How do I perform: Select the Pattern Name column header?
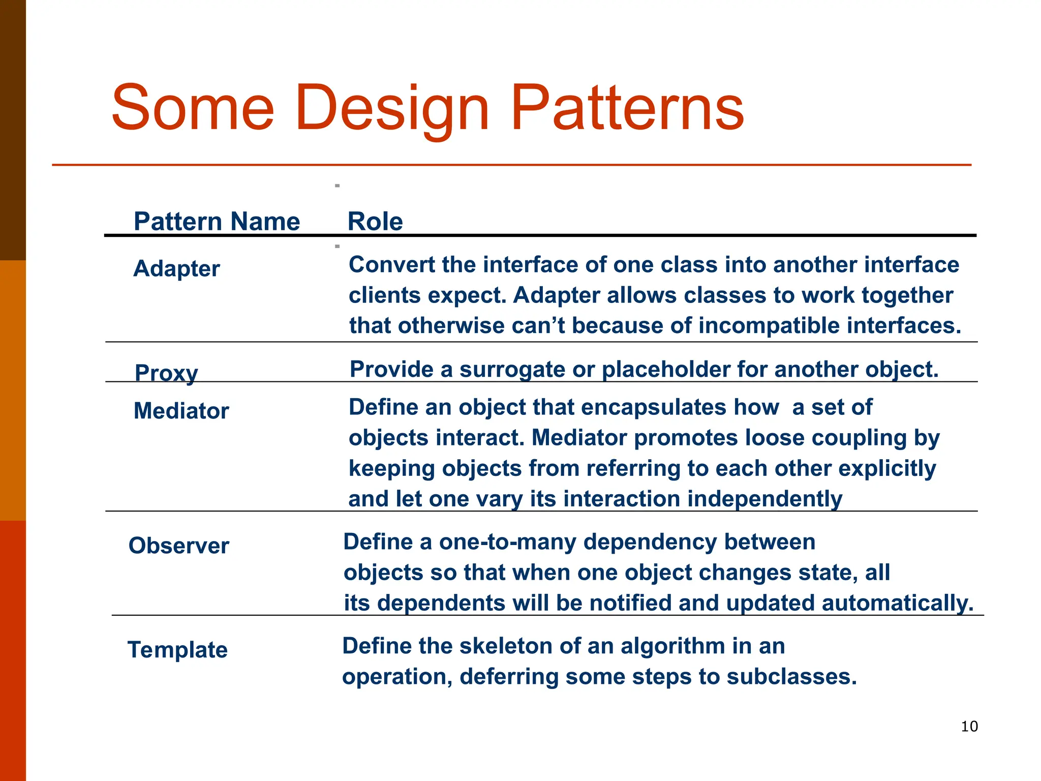point(217,222)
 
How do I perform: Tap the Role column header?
point(375,222)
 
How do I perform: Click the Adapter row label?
point(176,268)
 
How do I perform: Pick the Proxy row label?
point(166,373)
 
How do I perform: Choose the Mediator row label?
point(181,411)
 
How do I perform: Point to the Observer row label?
point(178,546)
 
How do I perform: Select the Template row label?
point(177,650)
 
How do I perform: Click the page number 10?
point(969,726)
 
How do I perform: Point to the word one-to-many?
point(507,542)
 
